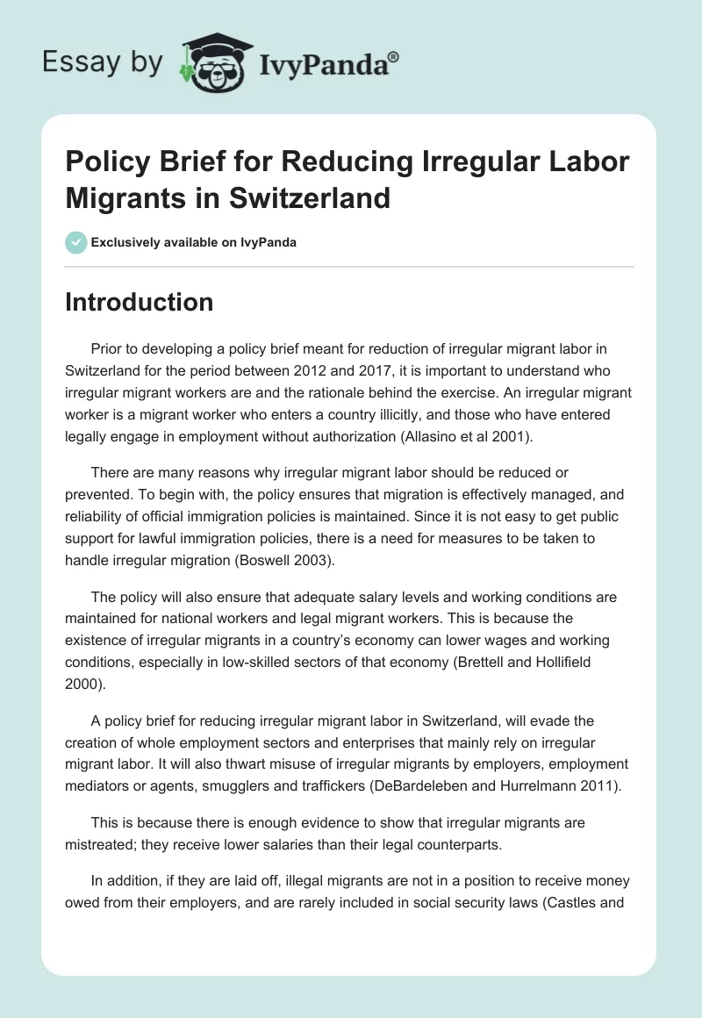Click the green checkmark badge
tap(75, 242)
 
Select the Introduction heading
tap(140, 302)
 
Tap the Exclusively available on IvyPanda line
tap(194, 242)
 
